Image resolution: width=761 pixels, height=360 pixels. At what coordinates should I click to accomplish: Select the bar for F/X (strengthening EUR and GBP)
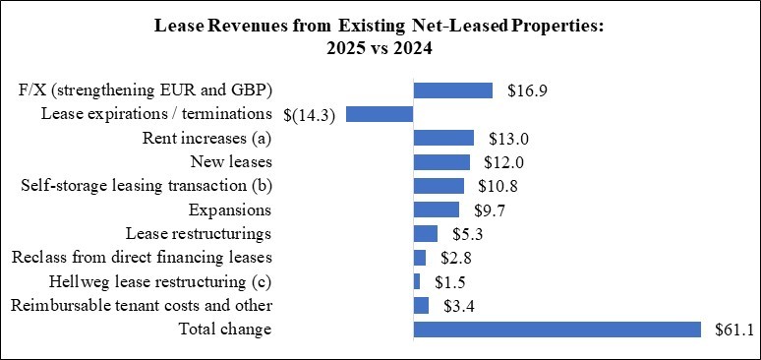(452, 90)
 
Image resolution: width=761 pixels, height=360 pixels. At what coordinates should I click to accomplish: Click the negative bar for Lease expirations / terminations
(380, 114)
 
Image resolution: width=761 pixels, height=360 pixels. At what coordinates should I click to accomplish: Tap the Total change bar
(556, 329)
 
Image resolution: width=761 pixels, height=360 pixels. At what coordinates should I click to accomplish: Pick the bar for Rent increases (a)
(443, 138)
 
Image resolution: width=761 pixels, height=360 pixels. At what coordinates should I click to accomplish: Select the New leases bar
(441, 161)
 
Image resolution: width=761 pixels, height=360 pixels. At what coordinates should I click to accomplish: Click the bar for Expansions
(437, 210)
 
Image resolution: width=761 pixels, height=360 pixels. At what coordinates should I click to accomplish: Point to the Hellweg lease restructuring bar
(417, 281)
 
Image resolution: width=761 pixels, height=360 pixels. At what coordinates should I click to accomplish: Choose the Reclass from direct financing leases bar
(420, 258)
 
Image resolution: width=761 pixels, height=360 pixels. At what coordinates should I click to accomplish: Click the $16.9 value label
(527, 90)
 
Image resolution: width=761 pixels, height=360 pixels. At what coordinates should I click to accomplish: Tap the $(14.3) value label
(310, 115)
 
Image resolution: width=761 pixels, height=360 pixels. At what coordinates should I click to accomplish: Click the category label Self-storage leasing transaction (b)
(146, 186)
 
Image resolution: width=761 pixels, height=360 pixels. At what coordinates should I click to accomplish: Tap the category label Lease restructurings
(199, 233)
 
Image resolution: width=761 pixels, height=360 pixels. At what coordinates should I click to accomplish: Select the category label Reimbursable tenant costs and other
(141, 305)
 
